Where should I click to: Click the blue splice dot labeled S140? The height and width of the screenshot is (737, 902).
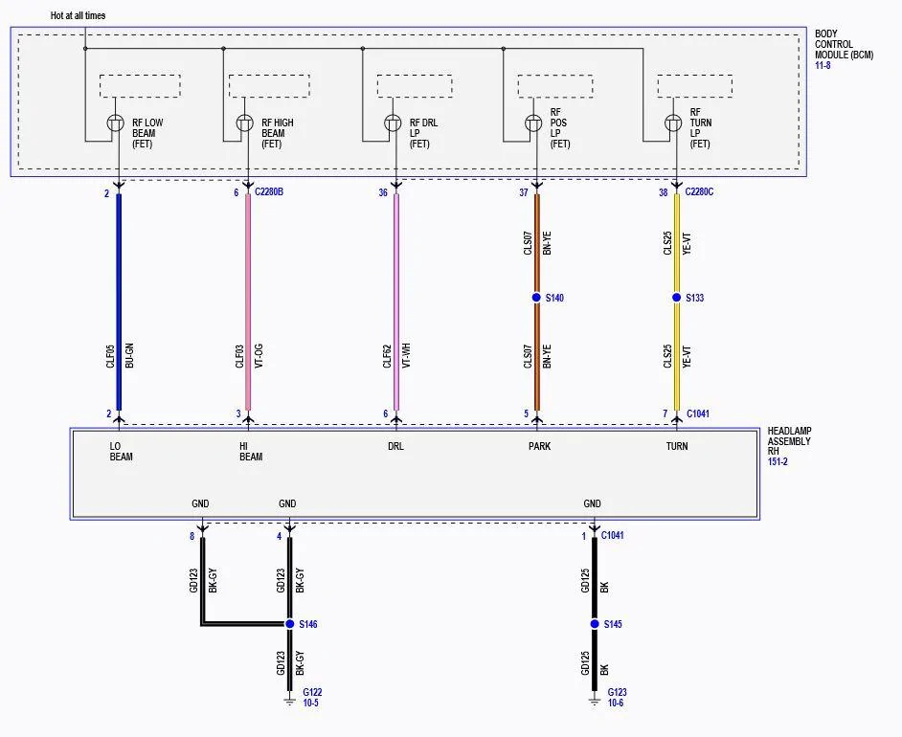click(x=536, y=298)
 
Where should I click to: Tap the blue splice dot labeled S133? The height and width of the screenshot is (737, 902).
click(x=676, y=298)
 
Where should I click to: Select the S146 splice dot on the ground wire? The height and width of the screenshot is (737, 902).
click(x=290, y=624)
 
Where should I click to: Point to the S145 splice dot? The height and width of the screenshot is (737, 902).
click(x=595, y=624)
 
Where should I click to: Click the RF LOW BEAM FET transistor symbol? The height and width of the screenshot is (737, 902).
click(x=116, y=123)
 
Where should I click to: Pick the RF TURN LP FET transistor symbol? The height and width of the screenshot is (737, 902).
click(x=673, y=123)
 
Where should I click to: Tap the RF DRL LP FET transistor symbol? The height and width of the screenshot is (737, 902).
click(x=393, y=123)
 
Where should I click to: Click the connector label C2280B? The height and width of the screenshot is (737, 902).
click(x=269, y=192)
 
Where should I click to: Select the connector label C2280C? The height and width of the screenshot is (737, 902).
click(x=699, y=192)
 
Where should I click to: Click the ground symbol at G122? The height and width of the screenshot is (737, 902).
click(x=290, y=700)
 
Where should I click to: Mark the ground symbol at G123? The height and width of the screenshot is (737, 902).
click(x=595, y=700)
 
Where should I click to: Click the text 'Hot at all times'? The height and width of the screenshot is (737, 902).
click(x=79, y=15)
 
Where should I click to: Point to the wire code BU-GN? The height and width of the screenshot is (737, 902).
click(x=129, y=356)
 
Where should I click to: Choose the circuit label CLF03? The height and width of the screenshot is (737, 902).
click(x=239, y=356)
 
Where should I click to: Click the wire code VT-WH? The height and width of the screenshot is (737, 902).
click(x=406, y=356)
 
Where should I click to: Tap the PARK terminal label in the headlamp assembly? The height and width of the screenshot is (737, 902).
click(x=540, y=446)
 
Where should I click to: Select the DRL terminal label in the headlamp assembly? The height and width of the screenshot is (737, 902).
click(x=395, y=446)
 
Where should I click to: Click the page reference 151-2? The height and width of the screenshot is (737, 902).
click(x=778, y=461)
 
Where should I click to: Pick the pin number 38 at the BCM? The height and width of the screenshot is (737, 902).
click(x=664, y=192)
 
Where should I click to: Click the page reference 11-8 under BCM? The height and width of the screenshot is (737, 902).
click(x=823, y=65)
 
